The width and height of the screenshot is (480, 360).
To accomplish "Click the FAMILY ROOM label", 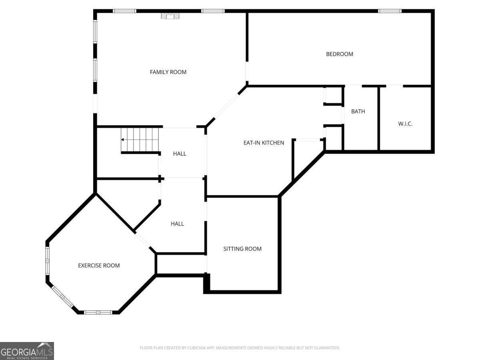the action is pyautogui.click(x=168, y=72).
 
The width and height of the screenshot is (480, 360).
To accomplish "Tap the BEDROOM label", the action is pyautogui.click(x=339, y=54).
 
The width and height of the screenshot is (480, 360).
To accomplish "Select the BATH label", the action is pyautogui.click(x=358, y=112).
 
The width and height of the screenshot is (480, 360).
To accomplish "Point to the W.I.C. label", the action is pyautogui.click(x=405, y=124).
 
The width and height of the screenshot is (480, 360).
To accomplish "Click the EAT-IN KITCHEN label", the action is pyautogui.click(x=264, y=143).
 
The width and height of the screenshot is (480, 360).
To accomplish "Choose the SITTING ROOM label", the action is pyautogui.click(x=242, y=249).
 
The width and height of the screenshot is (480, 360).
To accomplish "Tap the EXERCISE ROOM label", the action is pyautogui.click(x=99, y=265).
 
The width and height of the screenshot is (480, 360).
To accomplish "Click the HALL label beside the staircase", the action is pyautogui.click(x=180, y=154).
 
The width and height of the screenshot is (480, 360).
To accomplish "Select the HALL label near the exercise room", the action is pyautogui.click(x=177, y=224).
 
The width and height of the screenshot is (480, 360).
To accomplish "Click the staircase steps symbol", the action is pyautogui.click(x=140, y=140).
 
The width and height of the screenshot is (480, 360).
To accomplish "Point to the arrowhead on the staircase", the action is pyautogui.click(x=122, y=140).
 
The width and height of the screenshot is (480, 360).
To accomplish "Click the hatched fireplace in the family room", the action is pyautogui.click(x=170, y=16).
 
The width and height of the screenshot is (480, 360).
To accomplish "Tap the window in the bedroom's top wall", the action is pyautogui.click(x=390, y=11).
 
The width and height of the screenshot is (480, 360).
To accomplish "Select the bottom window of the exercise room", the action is pyautogui.click(x=98, y=312).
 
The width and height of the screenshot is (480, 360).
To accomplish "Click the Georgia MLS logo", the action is pyautogui.click(x=27, y=351).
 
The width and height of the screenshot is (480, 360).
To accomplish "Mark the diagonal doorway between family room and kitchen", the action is pyautogui.click(x=226, y=106).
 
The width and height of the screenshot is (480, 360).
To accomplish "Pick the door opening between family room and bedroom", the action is pyautogui.click(x=247, y=71).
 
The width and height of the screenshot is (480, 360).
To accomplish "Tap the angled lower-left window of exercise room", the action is pyautogui.click(x=62, y=297).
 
